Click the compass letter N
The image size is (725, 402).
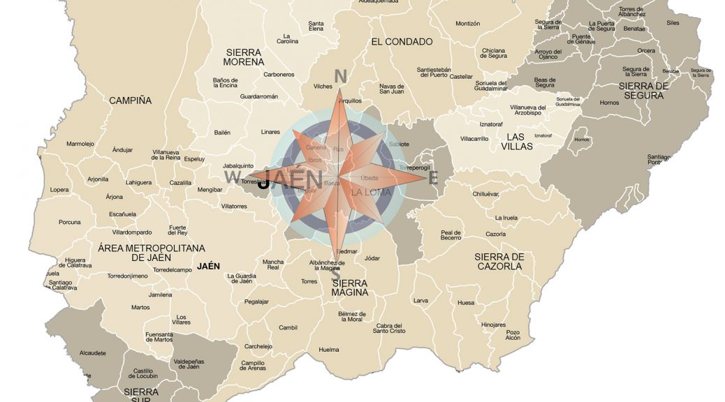click(x=341, y=76)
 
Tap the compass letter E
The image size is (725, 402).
click(x=433, y=178)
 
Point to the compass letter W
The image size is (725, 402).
click(x=232, y=177)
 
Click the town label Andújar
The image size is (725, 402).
click(x=122, y=150)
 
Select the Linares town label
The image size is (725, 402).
click(x=270, y=132)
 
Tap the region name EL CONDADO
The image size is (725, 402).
click(x=402, y=42)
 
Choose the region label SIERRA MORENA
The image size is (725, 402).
click(x=244, y=58)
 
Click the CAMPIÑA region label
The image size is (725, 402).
click(x=130, y=100)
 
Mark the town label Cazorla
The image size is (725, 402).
click(x=495, y=234)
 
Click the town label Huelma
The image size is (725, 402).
click(x=329, y=350)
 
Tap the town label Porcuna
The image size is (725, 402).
click(x=69, y=223)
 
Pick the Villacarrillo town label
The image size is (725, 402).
click(x=474, y=139)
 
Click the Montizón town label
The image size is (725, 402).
click(x=467, y=24)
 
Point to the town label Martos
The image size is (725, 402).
click(x=140, y=307)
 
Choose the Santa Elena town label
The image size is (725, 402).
click(x=316, y=27)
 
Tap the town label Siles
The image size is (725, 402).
click(x=673, y=23)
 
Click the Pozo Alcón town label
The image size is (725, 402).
click(x=513, y=335)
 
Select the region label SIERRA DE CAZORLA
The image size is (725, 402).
click(x=499, y=262)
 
